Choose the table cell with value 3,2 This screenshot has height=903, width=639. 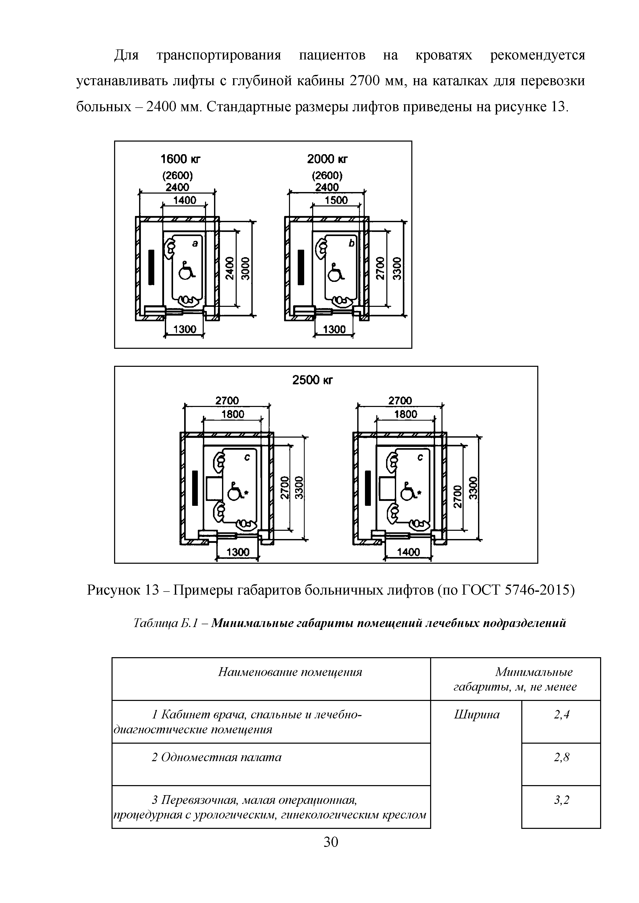click(561, 800)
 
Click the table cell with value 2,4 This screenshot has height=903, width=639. click(561, 715)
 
